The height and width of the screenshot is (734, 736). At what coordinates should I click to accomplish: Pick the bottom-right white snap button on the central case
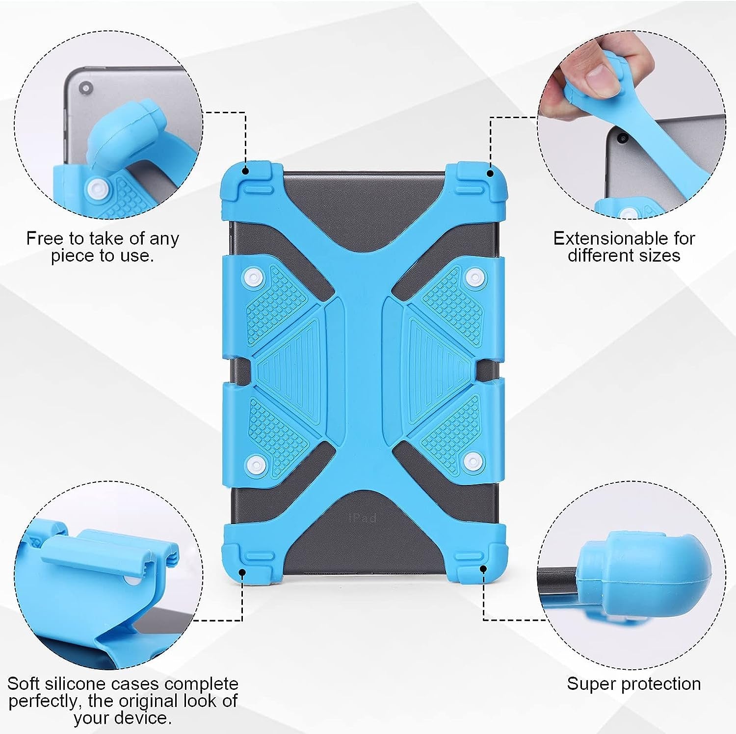(472, 459)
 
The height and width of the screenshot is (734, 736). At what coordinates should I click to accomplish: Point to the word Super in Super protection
(589, 684)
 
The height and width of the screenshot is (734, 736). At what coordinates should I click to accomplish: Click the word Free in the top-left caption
(45, 238)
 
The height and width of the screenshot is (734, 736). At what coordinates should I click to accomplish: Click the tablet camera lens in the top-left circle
(86, 88)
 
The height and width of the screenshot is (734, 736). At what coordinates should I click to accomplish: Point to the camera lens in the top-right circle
(623, 139)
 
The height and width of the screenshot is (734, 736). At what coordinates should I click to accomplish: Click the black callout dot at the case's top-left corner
(246, 171)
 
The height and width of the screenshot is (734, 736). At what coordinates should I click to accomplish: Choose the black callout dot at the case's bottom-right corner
(483, 569)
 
